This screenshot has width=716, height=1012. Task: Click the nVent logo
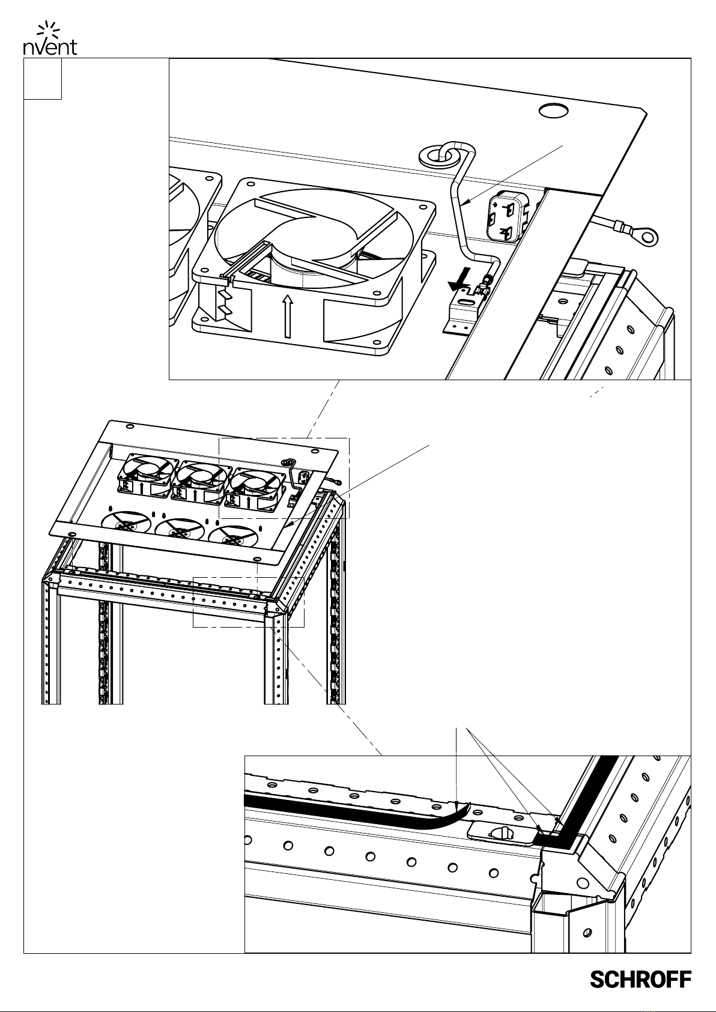tap(50, 38)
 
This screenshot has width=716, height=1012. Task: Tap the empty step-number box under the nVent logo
tap(43, 79)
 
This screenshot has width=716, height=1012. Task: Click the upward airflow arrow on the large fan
tap(287, 317)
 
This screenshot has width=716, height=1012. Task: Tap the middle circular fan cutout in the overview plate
tap(180, 530)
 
